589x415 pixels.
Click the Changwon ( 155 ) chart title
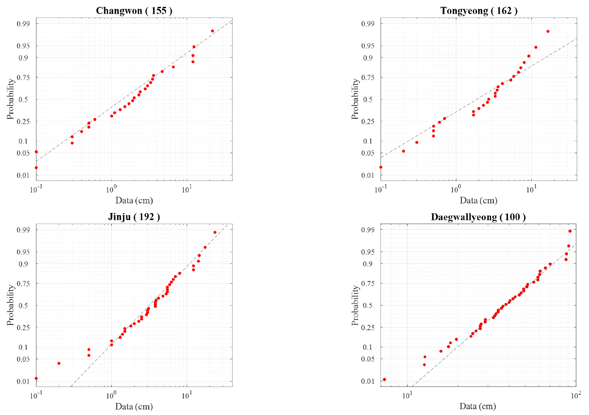(x=134, y=11)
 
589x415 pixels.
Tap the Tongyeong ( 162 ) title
(x=479, y=11)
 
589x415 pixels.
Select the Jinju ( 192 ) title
(x=134, y=217)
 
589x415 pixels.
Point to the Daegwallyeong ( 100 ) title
(x=478, y=217)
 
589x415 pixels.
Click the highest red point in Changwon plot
(x=212, y=31)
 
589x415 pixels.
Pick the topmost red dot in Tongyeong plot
(x=548, y=31)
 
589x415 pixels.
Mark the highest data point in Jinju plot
(x=215, y=232)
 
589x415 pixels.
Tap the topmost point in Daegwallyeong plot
(x=570, y=231)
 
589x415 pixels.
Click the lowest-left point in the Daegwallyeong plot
(x=384, y=379)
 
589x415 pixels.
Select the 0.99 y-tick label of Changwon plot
(x=23, y=24)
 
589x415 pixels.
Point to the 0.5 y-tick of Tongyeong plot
(x=368, y=100)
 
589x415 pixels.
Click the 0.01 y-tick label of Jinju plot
(x=23, y=381)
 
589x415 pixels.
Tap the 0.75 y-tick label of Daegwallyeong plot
(x=368, y=283)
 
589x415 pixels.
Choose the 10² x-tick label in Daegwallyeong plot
(x=576, y=395)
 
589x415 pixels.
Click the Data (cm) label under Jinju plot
(x=134, y=406)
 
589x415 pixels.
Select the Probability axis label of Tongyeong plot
(x=355, y=99)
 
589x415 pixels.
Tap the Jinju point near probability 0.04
(x=59, y=363)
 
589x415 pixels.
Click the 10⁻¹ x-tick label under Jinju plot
(x=36, y=395)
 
